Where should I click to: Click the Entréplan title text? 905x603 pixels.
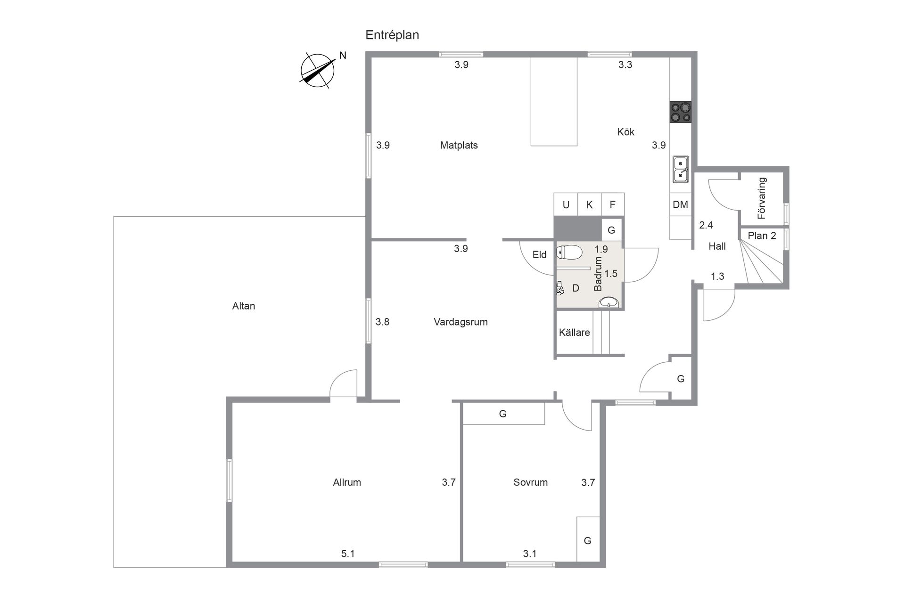(x=392, y=35)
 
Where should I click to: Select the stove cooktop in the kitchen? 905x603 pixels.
(x=681, y=112)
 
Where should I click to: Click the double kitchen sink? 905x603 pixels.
(x=680, y=169)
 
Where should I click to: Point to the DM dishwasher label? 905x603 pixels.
(x=680, y=204)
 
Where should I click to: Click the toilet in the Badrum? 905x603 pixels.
(x=570, y=253)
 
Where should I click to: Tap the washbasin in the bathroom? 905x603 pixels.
(x=609, y=302)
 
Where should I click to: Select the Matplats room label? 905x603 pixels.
(x=459, y=145)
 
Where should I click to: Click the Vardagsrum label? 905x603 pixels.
(x=461, y=322)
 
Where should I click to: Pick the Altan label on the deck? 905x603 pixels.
(x=244, y=306)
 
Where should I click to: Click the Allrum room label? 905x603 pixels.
(x=347, y=482)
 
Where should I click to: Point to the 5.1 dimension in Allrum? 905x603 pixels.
(x=348, y=554)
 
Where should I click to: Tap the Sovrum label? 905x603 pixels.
(x=530, y=482)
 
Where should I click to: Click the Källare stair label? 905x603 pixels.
(x=574, y=333)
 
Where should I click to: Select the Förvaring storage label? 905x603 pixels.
(x=762, y=198)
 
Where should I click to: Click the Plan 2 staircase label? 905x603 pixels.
(x=762, y=236)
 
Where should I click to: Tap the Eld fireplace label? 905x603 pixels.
(x=539, y=255)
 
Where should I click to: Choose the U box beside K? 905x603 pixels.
(x=566, y=204)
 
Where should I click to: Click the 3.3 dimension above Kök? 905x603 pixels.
(x=625, y=65)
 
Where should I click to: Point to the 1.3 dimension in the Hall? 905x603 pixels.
(x=717, y=277)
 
